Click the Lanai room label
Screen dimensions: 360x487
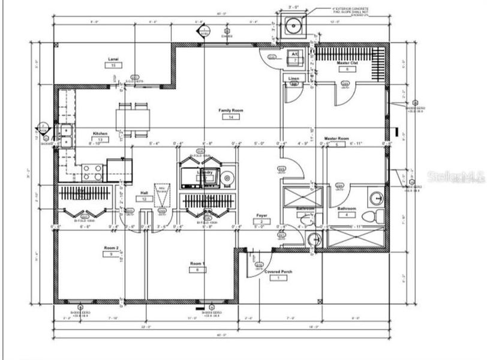click(x=113, y=59)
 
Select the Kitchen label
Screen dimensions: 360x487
click(x=100, y=133)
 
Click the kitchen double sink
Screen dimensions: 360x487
click(x=65, y=136)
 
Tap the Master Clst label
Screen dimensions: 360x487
click(x=347, y=63)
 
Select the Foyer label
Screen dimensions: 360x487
click(x=262, y=215)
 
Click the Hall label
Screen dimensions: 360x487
click(x=144, y=193)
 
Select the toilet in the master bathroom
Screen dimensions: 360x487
click(x=377, y=217)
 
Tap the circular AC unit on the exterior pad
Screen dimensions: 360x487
click(x=294, y=26)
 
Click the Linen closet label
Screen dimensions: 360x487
click(x=294, y=79)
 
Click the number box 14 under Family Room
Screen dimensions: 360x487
click(x=230, y=118)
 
